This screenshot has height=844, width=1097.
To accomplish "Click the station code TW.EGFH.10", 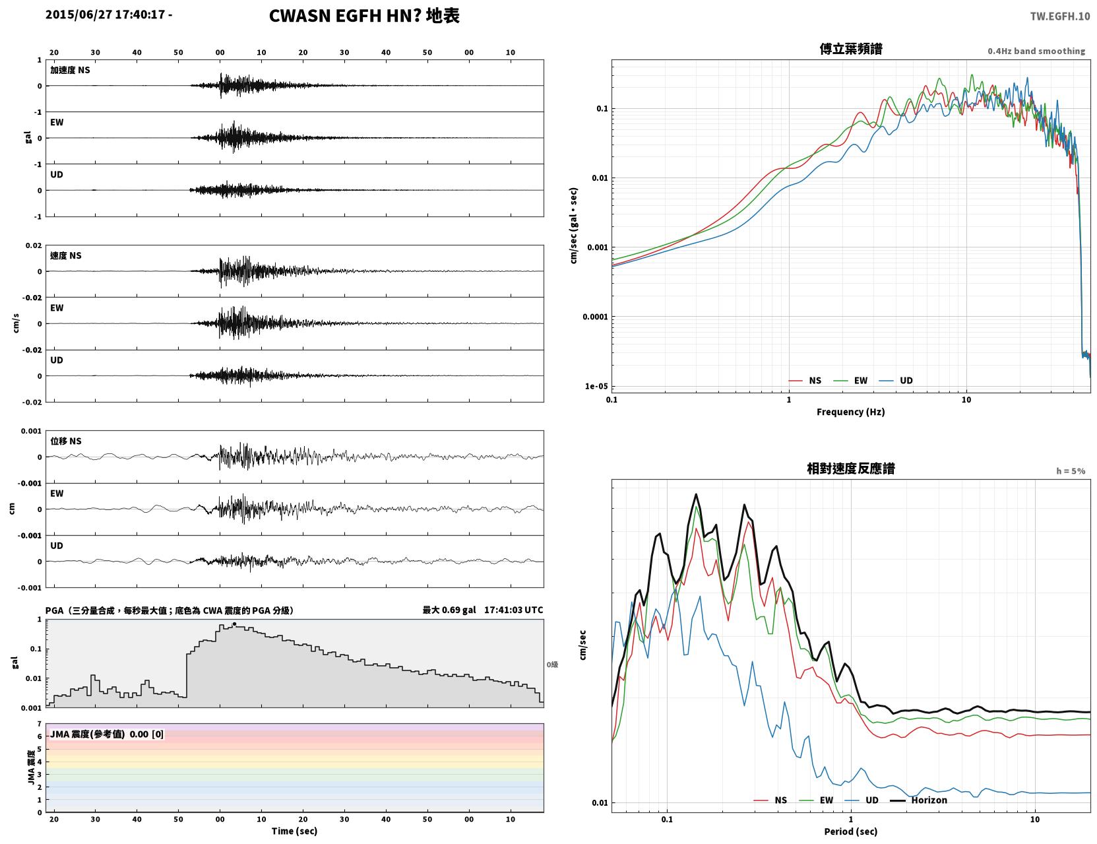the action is coord(1059,16).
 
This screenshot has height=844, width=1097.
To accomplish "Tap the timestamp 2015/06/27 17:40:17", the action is coord(106,14).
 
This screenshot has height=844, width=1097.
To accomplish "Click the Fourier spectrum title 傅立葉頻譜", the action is coord(851,49).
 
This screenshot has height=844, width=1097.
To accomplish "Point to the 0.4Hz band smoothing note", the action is coord(1036,51).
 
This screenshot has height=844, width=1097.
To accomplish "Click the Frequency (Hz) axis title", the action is coord(851,412).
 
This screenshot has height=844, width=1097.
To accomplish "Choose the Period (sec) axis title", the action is coord(851,831).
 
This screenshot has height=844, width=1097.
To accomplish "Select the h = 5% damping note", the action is coord(1070,471).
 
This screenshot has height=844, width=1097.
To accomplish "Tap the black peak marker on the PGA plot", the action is coord(234,624).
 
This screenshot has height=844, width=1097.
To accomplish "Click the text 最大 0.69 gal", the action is coord(449,610).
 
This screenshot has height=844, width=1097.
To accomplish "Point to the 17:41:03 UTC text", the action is coord(513,610).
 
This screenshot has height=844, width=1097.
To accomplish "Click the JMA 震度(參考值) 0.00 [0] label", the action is coord(106,734).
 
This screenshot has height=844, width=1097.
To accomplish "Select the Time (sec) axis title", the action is coord(294,831).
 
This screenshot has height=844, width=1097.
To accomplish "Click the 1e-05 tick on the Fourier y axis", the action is coord(596,387).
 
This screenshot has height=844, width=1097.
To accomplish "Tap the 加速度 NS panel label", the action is coord(70,70).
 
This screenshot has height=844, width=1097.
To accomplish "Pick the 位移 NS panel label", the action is coord(65,441).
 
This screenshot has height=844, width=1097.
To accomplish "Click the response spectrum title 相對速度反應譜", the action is coord(851,469).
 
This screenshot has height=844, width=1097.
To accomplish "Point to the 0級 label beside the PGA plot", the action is coord(552,665).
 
